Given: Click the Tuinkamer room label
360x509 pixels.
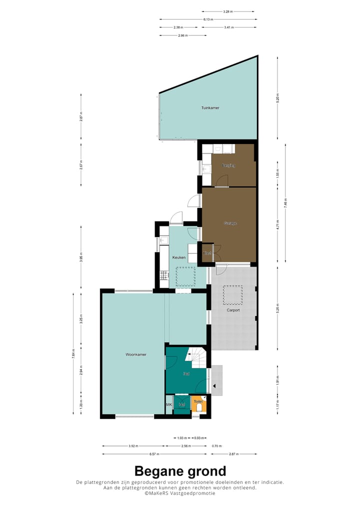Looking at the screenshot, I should coord(210,108).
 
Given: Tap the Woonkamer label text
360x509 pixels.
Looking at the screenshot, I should coord(136,354).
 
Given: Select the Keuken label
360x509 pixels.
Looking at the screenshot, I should coord(179,258).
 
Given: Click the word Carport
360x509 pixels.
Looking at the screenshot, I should coord(233,310).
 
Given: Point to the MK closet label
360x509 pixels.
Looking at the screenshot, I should coord(169,404).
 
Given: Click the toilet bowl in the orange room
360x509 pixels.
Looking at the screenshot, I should coord(199,408).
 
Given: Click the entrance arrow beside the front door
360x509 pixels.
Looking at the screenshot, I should coord(214,385).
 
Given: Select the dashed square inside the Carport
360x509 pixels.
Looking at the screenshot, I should coord(233,294).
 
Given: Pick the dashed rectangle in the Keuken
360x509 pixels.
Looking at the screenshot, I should coord(185,276).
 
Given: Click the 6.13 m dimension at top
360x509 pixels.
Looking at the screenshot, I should coord(208,19).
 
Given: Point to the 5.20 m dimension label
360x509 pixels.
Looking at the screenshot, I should coord(277,98).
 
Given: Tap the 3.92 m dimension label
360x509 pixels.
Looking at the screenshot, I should coord(132,446).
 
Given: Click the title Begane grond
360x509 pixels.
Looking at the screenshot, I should coord(180,471).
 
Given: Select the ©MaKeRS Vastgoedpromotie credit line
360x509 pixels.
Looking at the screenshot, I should coord(180,493).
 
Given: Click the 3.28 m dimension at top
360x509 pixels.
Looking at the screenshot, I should coord(228,11).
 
